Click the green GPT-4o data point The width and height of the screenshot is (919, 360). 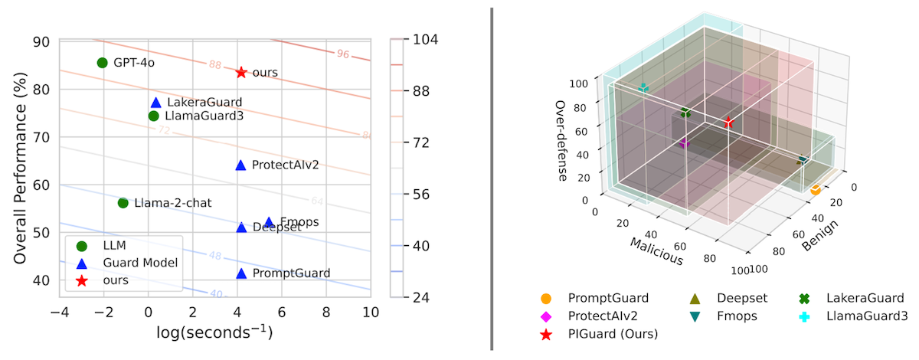click(x=102, y=63)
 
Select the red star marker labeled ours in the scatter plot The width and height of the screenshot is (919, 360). click(x=241, y=72)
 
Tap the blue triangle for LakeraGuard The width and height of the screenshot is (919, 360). click(x=156, y=103)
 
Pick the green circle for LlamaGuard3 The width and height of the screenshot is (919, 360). click(x=153, y=116)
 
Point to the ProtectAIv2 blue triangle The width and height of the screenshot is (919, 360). click(x=240, y=165)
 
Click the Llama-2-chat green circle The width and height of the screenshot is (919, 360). click(x=123, y=203)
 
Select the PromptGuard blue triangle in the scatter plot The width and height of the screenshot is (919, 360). click(x=241, y=273)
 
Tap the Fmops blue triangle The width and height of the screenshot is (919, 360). click(x=269, y=223)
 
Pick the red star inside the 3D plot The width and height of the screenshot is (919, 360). click(x=728, y=123)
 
